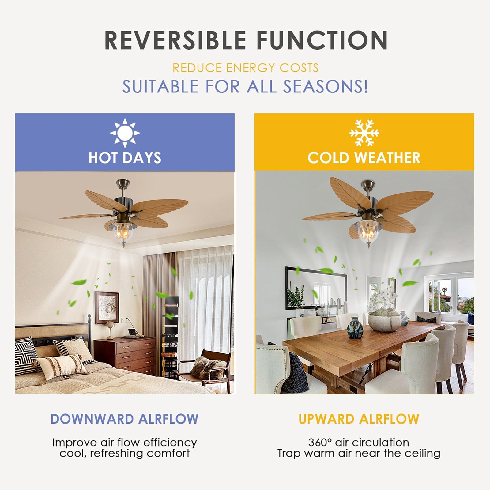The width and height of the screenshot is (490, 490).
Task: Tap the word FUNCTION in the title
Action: [x=322, y=40]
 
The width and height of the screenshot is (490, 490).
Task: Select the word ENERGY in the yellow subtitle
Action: [x=251, y=68]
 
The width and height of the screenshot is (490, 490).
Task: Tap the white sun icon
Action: [x=125, y=133]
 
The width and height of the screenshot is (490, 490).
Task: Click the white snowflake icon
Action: [x=364, y=133]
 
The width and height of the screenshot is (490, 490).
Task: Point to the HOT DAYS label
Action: [x=125, y=158]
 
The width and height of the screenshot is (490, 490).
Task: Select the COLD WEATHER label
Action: [x=364, y=158]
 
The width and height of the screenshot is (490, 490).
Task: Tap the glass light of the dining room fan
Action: [x=368, y=233]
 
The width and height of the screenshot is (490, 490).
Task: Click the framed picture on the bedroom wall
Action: [x=107, y=307]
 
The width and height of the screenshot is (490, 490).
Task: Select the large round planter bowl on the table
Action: [x=385, y=321]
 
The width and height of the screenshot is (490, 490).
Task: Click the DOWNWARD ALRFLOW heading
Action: [x=125, y=419]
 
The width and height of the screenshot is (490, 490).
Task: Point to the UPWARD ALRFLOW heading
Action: [x=359, y=419]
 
